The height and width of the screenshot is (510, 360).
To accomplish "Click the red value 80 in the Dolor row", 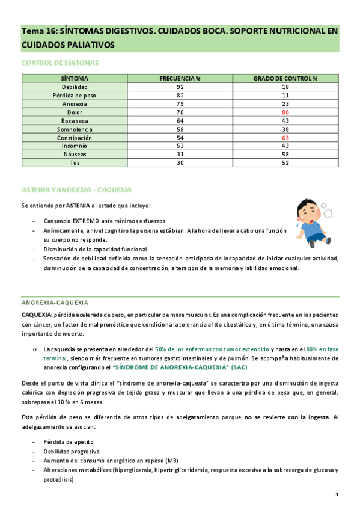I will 285,112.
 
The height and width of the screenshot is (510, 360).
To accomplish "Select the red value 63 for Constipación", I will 285,137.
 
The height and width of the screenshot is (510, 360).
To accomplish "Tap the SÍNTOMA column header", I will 75,79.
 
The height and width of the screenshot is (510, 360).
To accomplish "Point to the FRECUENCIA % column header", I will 180,79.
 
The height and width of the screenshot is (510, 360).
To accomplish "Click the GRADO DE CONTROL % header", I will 285,79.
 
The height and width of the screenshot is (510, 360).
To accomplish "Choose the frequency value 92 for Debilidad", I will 180,87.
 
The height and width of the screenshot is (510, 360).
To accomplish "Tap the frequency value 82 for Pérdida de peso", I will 180,96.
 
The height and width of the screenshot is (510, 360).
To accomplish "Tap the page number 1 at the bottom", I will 337,494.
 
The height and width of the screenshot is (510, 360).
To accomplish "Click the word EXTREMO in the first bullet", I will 88,220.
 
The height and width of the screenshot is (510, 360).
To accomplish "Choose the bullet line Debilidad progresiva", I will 72,451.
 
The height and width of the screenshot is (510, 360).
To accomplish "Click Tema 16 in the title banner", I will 40,31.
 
